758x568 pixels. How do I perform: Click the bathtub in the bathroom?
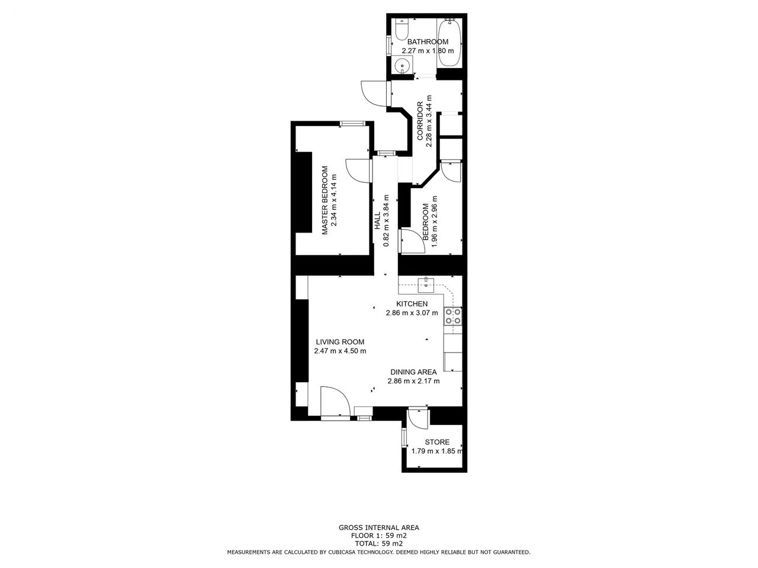tap(449, 43)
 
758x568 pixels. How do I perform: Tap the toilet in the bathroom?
tap(402, 30)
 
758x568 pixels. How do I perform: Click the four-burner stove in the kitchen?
tap(453, 316)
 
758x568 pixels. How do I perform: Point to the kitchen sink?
tap(426, 285)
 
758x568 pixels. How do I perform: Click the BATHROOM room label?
tap(428, 42)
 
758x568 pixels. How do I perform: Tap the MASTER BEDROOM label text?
tap(325, 201)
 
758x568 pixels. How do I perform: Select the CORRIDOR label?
tap(420, 121)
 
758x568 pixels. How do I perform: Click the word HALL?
tap(377, 221)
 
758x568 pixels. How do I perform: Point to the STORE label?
tap(437, 442)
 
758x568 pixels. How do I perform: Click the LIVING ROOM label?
tap(340, 342)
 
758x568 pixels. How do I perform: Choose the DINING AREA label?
tap(413, 372)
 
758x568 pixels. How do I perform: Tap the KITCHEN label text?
tap(412, 304)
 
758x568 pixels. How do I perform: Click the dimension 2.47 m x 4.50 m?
tap(340, 351)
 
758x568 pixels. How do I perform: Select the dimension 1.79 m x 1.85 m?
tap(437, 451)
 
